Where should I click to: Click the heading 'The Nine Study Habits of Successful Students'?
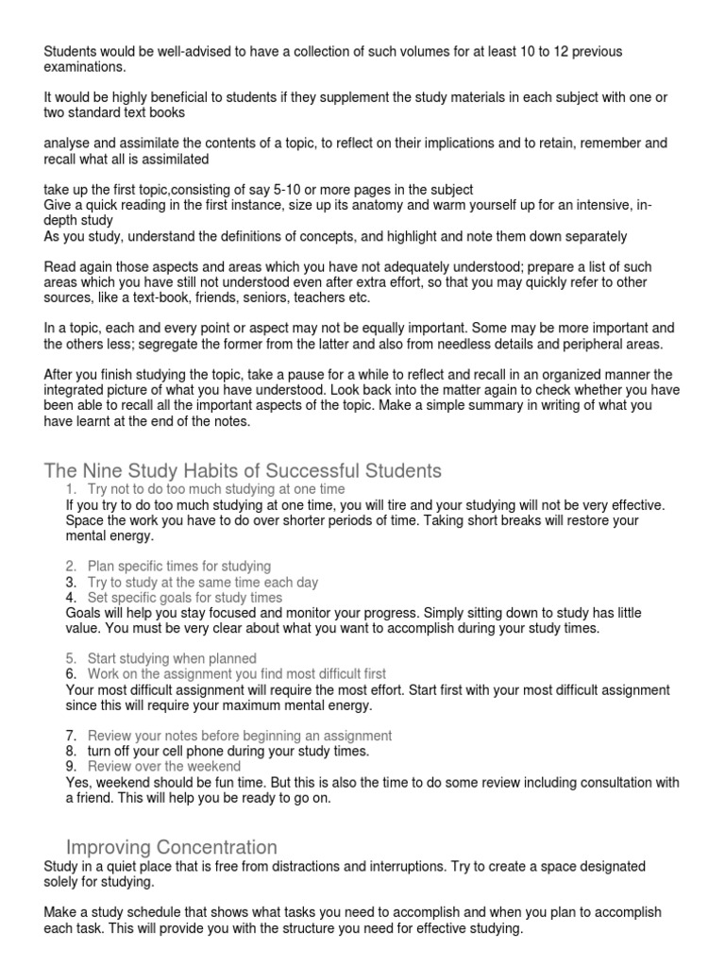coord(243,470)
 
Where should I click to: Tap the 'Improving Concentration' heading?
coord(171,846)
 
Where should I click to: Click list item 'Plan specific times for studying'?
coord(178,566)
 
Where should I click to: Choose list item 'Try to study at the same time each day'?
coord(203,582)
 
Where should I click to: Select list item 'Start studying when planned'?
coord(172,657)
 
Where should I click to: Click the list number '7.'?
coord(72,735)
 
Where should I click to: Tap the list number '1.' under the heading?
coord(72,489)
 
